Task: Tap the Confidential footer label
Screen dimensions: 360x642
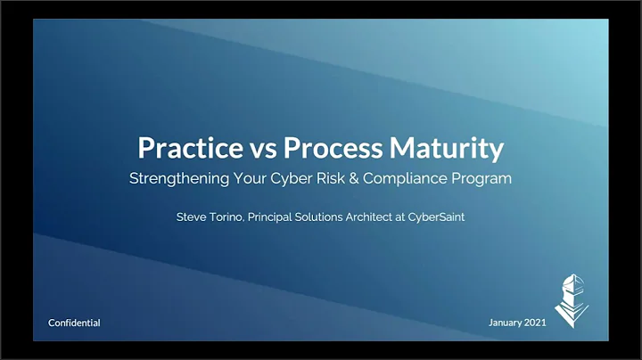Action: (x=74, y=323)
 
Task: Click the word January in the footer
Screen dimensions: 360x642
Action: (x=506, y=323)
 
